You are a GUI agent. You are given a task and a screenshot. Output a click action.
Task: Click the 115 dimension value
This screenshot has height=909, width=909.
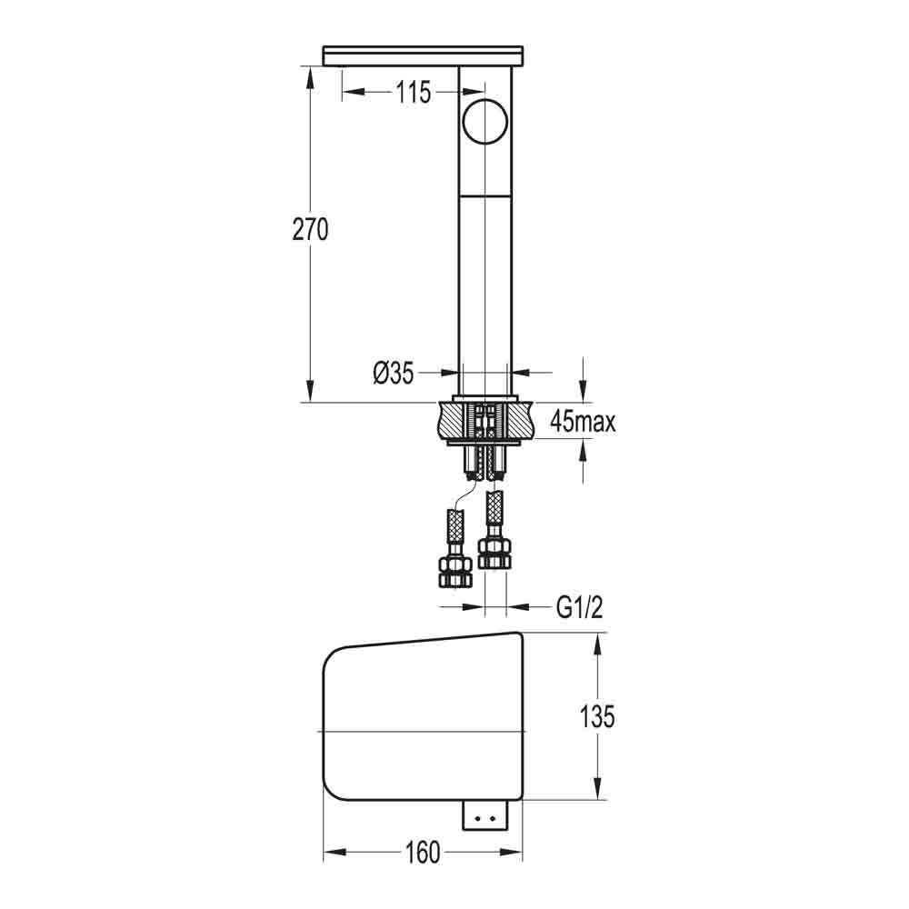click(x=413, y=93)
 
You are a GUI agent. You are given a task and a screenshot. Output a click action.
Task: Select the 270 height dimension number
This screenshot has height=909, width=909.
click(x=310, y=230)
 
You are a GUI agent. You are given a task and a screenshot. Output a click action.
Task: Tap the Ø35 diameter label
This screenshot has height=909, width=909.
click(x=393, y=373)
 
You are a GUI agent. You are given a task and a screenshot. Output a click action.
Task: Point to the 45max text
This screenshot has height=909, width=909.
click(x=583, y=422)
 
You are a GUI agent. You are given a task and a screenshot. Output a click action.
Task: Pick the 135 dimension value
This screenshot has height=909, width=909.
click(x=596, y=716)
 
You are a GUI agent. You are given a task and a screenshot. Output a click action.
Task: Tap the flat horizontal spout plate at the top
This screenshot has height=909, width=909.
click(x=425, y=56)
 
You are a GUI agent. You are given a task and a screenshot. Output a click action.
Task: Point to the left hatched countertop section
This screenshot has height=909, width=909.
click(x=451, y=422)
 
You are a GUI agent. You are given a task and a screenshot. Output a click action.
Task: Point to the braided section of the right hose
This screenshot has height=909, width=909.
click(x=494, y=507)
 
